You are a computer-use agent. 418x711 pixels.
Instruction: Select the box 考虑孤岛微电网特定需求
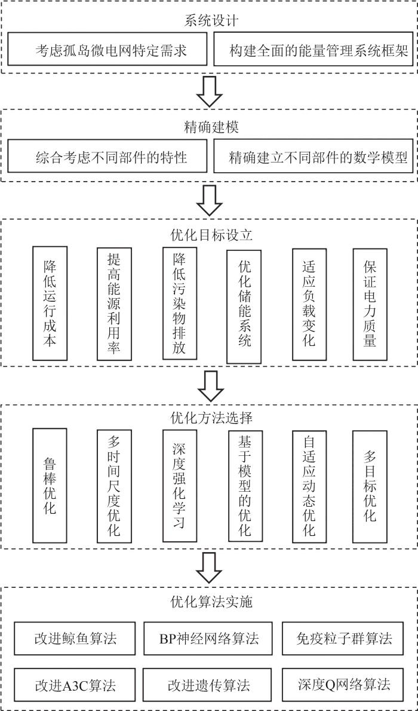(x=107, y=49)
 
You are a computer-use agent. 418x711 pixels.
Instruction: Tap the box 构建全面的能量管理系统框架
(x=314, y=49)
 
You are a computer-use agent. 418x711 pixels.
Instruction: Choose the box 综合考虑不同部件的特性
(x=107, y=157)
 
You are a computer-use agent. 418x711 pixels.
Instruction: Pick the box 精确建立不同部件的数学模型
(x=314, y=157)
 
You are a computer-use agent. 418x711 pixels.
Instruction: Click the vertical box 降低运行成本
(x=50, y=304)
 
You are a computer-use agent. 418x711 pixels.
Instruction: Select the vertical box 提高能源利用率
(x=114, y=304)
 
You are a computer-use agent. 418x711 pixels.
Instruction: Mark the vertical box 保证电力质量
(x=370, y=304)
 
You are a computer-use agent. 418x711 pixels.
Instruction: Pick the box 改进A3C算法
(x=75, y=684)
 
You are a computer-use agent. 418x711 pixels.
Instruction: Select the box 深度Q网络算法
(x=345, y=684)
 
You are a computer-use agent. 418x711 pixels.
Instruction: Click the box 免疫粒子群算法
(x=345, y=639)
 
